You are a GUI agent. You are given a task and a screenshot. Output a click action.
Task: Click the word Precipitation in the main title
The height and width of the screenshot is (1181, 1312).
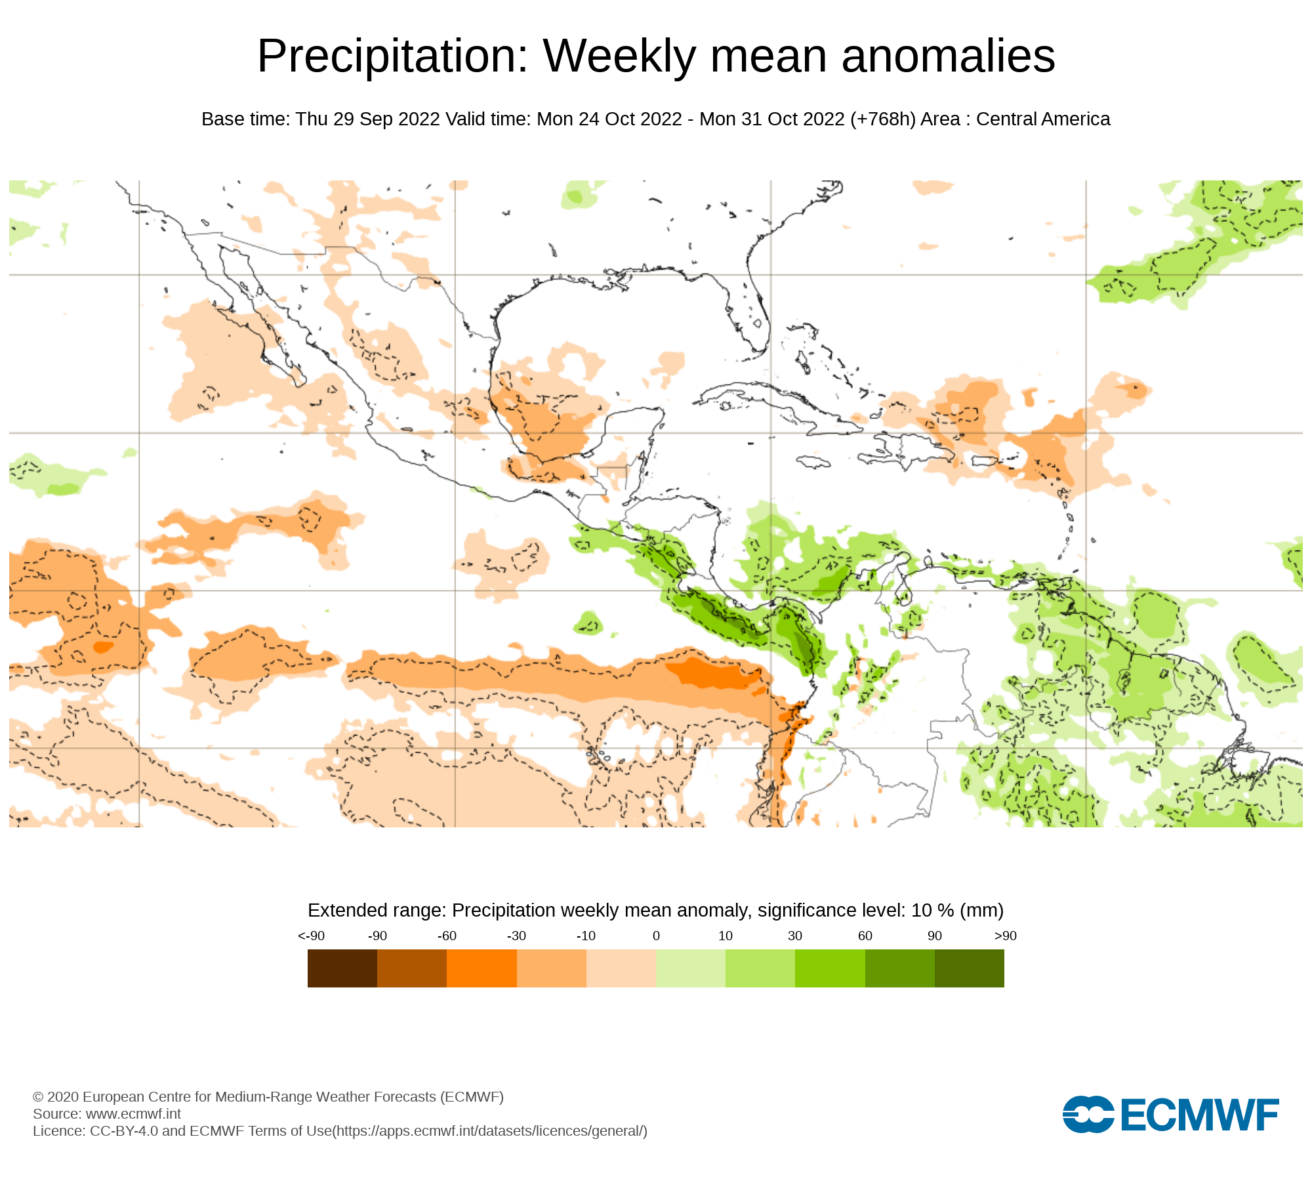(x=392, y=56)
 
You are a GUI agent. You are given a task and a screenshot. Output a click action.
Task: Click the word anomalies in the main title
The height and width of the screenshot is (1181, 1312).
(x=948, y=56)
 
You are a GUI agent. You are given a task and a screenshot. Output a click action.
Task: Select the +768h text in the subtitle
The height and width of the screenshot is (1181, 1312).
(x=882, y=119)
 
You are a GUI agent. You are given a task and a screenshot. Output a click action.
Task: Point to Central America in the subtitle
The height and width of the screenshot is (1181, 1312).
(x=1043, y=119)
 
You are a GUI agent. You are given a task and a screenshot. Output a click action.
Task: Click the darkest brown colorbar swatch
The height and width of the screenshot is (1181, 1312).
(x=342, y=968)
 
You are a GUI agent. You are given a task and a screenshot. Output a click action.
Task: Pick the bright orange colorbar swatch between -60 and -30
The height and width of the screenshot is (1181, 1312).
(x=482, y=968)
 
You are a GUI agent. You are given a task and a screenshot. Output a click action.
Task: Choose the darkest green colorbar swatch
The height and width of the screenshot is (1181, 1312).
(x=969, y=968)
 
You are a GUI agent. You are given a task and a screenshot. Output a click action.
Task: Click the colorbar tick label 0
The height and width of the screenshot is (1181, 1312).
(x=656, y=936)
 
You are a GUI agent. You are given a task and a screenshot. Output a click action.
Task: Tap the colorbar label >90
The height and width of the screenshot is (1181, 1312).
(x=1005, y=936)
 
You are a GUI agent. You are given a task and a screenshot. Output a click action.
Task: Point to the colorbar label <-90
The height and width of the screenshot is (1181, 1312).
(x=311, y=936)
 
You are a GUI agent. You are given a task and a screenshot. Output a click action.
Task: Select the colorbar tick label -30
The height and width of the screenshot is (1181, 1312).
(x=516, y=936)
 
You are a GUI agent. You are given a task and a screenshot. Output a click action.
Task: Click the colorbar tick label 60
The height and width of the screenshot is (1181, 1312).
(x=865, y=936)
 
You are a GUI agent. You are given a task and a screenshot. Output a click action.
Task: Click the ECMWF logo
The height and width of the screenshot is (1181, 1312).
(x=1170, y=1114)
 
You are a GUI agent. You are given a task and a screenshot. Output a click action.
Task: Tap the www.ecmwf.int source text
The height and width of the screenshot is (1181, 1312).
(x=133, y=1114)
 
